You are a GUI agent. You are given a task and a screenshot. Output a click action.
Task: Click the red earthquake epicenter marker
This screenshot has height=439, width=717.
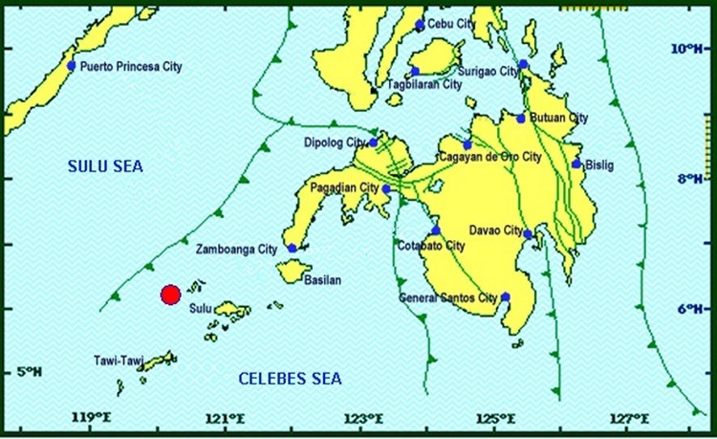click(170, 295)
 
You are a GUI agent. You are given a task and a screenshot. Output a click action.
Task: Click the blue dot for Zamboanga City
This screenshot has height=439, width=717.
click(293, 249)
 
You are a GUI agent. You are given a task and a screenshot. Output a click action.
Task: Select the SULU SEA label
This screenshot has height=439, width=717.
click(104, 167)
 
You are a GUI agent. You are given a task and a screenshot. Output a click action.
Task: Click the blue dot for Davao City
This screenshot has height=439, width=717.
click(528, 234)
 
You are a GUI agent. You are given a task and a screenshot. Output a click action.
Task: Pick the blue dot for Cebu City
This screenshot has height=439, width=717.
click(420, 25)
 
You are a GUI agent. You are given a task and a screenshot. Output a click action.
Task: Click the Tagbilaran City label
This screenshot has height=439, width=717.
click(424, 85)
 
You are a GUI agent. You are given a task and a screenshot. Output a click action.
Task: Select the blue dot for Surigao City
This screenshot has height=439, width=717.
click(523, 65)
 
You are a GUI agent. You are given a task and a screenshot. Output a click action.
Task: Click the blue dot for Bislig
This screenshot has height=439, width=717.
click(576, 165)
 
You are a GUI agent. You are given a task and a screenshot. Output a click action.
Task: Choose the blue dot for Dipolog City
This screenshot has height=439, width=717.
click(374, 143)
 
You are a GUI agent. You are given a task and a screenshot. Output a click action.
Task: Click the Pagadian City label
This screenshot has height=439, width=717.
click(345, 187)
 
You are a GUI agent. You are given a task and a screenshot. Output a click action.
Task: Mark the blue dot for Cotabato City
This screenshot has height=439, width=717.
click(436, 230)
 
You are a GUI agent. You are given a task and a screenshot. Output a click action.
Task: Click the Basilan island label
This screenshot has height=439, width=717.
click(321, 280)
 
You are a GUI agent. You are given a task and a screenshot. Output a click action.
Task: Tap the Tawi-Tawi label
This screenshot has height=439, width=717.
click(118, 362)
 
